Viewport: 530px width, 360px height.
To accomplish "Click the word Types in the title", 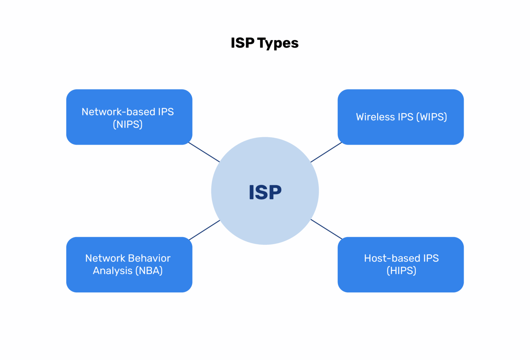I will coord(278,43).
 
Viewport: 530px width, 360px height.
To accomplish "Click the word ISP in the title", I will coord(243,43).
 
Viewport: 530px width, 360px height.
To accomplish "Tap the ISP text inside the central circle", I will coord(265,192).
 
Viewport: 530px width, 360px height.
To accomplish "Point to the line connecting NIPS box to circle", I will coord(204,152).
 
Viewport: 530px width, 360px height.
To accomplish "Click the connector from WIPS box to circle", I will coord(326,152).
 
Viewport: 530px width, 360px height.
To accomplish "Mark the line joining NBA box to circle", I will coord(204,230).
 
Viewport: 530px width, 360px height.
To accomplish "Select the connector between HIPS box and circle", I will coord(326,229).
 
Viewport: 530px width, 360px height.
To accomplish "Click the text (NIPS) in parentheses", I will coord(128,124).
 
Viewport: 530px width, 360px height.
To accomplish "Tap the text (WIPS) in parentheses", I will coord(432,117).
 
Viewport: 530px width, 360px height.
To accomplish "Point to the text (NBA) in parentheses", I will coord(149,271).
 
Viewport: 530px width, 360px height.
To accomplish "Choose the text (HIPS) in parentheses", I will coord(401,271).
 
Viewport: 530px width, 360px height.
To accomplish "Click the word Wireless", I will coord(375,117).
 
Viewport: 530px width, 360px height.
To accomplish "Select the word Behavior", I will coord(149,258).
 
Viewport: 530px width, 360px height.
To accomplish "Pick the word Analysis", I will coord(112,271).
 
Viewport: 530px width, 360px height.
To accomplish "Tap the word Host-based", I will coord(392,258).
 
